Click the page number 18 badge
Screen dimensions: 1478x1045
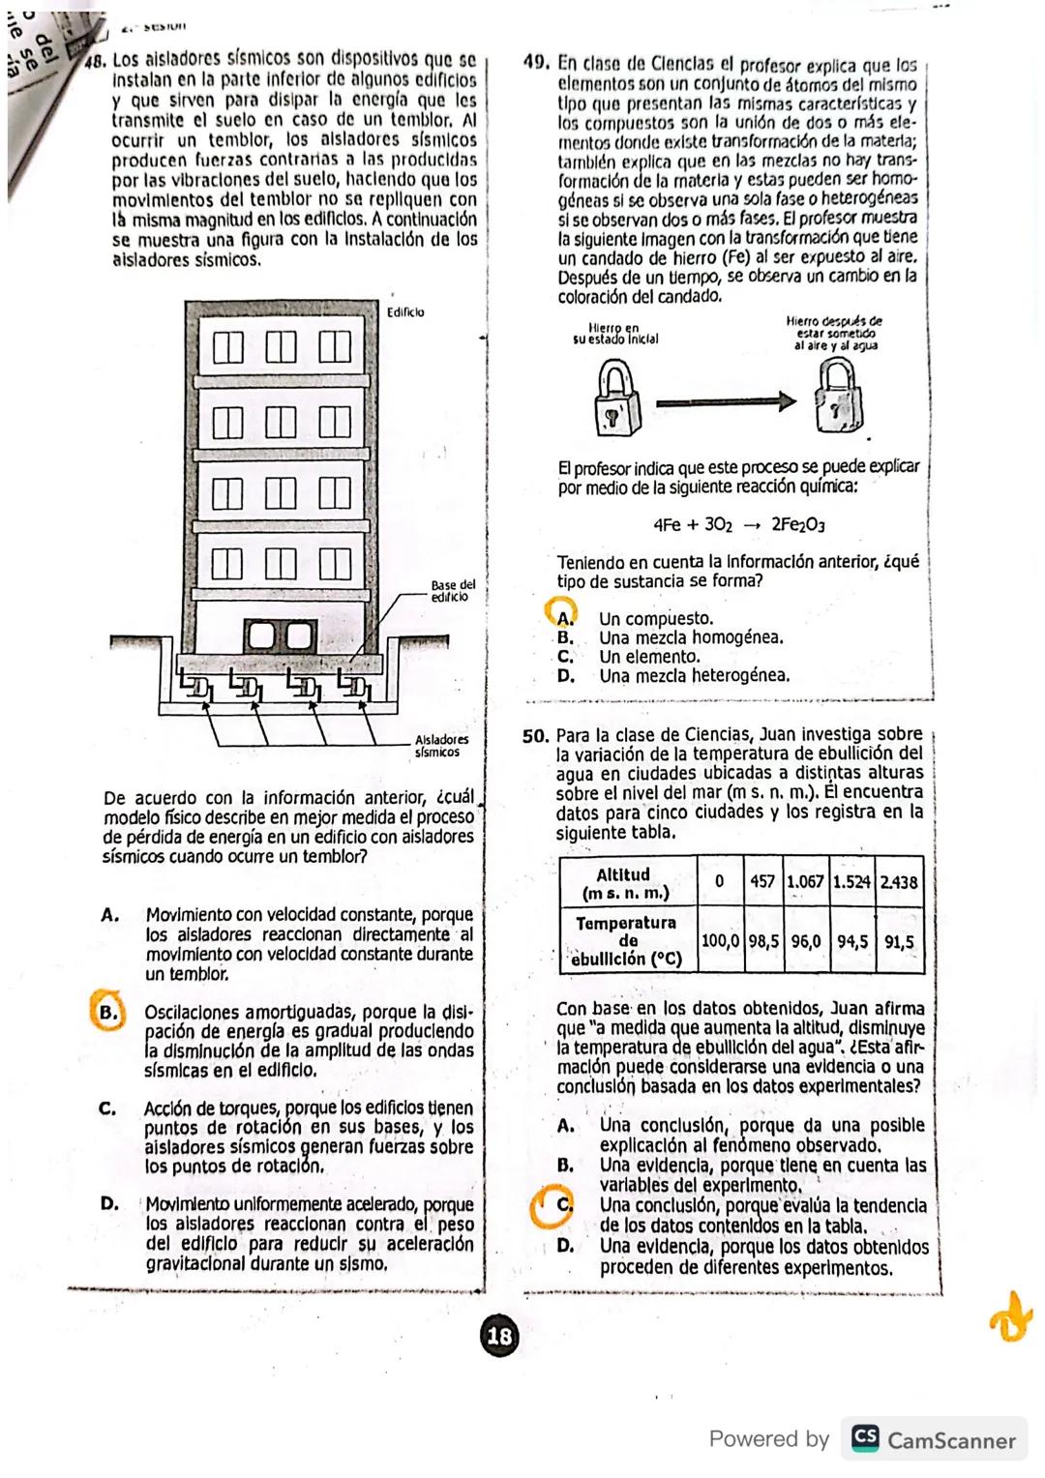click(x=499, y=1337)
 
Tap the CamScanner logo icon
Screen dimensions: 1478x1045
click(x=864, y=1438)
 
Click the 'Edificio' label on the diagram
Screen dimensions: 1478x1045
click(x=404, y=312)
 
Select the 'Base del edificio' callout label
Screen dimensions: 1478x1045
click(x=453, y=590)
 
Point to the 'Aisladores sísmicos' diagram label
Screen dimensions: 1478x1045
click(x=440, y=745)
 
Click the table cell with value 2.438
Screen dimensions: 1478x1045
click(x=899, y=882)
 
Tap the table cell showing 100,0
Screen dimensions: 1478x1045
click(x=720, y=940)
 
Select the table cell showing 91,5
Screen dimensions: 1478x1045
click(x=899, y=940)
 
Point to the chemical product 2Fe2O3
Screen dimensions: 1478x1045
click(x=797, y=525)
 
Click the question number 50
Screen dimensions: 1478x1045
click(x=536, y=735)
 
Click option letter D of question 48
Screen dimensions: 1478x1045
click(x=109, y=1204)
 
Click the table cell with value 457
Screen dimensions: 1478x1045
click(x=762, y=882)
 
